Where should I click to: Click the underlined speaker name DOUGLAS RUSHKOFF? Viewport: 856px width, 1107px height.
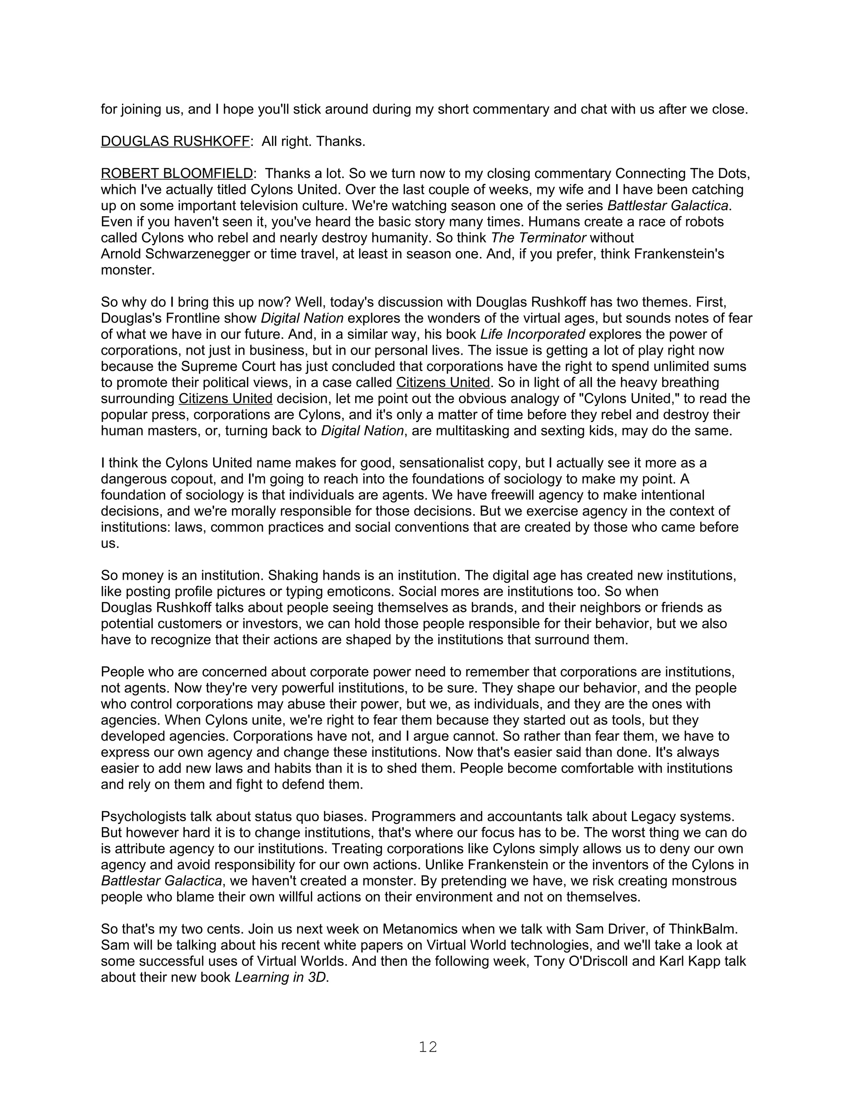coord(175,142)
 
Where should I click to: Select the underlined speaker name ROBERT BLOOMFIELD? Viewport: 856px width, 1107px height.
coord(176,173)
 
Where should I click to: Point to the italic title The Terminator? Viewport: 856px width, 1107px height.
coord(538,238)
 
